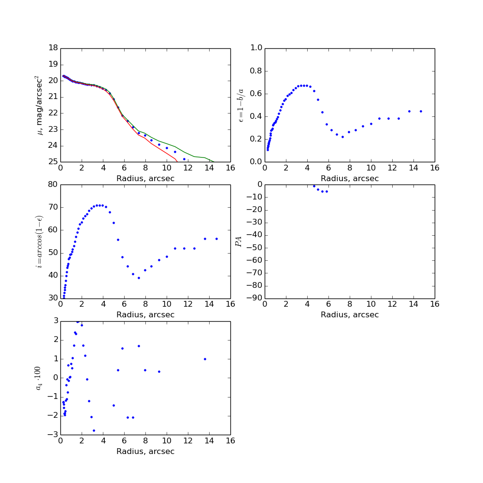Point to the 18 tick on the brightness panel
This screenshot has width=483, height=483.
click(x=53, y=48)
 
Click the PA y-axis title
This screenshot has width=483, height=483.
click(x=239, y=241)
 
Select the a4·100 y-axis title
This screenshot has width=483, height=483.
click(x=39, y=378)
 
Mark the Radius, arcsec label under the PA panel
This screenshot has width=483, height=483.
click(x=350, y=315)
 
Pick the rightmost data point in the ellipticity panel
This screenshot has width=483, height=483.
click(x=421, y=111)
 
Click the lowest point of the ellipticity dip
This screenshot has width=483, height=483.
click(x=342, y=137)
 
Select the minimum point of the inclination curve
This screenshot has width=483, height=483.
click(x=139, y=278)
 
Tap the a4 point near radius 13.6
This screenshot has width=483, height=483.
click(x=205, y=359)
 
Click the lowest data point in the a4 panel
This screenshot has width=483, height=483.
click(x=94, y=430)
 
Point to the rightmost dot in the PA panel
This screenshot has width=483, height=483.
click(x=327, y=191)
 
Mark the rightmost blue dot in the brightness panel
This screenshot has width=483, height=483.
click(x=184, y=159)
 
